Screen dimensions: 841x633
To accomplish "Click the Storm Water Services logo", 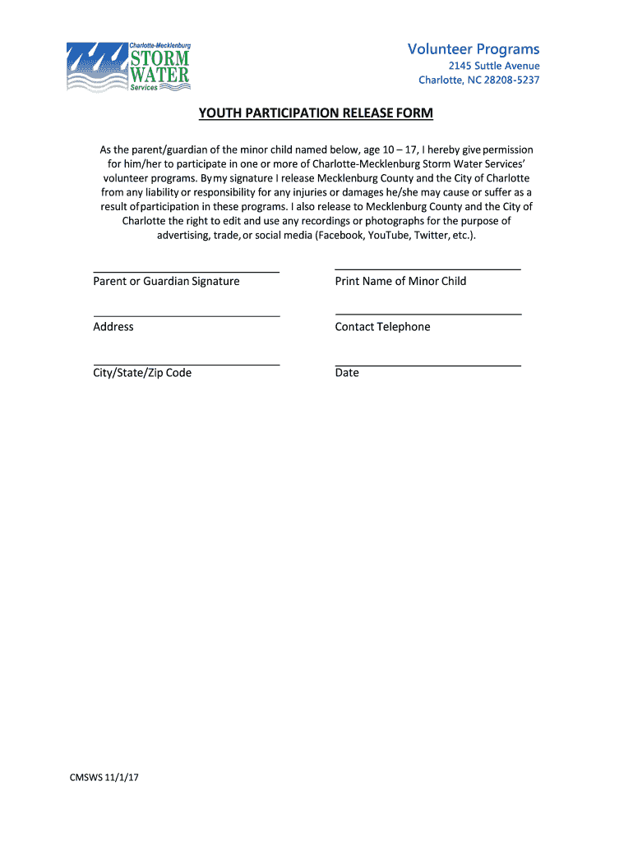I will pyautogui.click(x=128, y=67).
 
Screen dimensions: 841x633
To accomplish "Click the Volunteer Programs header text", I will pyautogui.click(x=474, y=49).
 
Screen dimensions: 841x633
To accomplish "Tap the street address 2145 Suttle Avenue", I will pyautogui.click(x=493, y=66).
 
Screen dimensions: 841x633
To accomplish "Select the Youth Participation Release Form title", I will pyautogui.click(x=316, y=113).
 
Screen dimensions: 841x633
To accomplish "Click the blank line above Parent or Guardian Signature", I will pyautogui.click(x=186, y=271).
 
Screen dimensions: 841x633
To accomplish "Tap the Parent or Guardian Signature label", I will pyautogui.click(x=166, y=282).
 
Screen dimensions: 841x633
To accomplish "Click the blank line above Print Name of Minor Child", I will pyautogui.click(x=427, y=269).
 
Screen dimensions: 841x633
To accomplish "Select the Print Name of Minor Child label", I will pyautogui.click(x=400, y=282).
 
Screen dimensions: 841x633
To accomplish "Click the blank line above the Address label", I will pyautogui.click(x=186, y=315).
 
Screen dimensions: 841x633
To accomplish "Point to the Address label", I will pyautogui.click(x=113, y=327).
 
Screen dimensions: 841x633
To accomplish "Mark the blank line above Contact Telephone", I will pyautogui.click(x=427, y=314).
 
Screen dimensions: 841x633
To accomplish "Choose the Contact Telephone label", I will pyautogui.click(x=382, y=327).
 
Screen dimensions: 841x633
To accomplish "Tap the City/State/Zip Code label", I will pyautogui.click(x=142, y=373).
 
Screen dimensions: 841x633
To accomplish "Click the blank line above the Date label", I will pyautogui.click(x=427, y=365).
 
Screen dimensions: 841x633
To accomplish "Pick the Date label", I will pyautogui.click(x=347, y=373).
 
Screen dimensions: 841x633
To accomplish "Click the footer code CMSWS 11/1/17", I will pyautogui.click(x=104, y=779).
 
